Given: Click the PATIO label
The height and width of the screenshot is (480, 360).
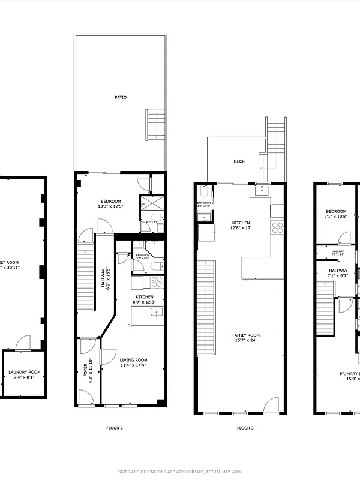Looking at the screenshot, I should coord(121,97).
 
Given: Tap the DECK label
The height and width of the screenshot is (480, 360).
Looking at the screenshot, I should coord(239,161).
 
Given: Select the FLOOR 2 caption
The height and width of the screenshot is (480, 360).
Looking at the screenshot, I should coord(114,428).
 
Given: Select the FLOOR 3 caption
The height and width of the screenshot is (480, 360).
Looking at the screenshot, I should coord(245,428).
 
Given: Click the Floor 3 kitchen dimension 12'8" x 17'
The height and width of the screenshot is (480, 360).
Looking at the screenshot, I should coord(241,228).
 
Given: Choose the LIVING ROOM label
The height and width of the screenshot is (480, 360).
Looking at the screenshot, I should coord(134,360).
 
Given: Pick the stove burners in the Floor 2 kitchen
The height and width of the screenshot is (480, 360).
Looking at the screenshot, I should coord(156,281).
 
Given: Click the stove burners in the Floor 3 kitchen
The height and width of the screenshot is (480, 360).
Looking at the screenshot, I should coord(277,227).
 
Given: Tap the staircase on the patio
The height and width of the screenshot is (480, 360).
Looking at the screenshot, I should coord(155,124).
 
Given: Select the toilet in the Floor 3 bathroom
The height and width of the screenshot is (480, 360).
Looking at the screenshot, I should coord(204,193).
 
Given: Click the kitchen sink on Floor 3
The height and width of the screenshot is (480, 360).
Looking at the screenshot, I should coord(260,191).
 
